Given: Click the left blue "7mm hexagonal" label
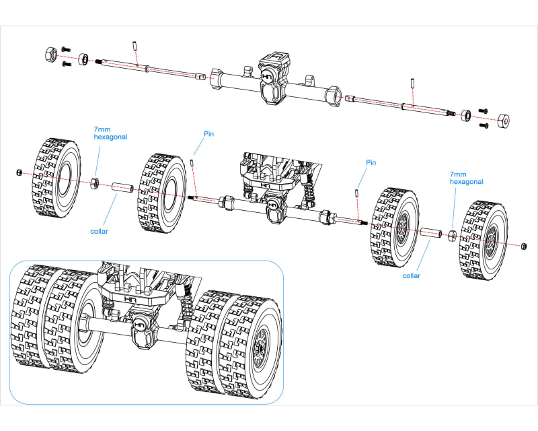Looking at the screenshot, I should click(x=110, y=132).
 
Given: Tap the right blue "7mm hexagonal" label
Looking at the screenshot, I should click(x=466, y=177).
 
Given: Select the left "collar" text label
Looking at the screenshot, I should click(x=100, y=231).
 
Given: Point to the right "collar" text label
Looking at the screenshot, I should click(x=412, y=275).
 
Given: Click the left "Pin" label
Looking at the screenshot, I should click(x=209, y=134).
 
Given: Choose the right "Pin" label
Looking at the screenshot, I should click(x=371, y=162).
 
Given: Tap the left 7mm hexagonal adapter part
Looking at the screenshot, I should click(x=95, y=182).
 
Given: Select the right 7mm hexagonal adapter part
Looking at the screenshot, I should click(x=453, y=236).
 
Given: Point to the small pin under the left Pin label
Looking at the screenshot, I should click(x=192, y=162).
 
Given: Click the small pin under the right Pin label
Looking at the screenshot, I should click(x=355, y=193).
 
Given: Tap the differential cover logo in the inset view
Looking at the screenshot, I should click(x=140, y=324).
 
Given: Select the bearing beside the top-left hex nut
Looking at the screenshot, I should click(x=84, y=59).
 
